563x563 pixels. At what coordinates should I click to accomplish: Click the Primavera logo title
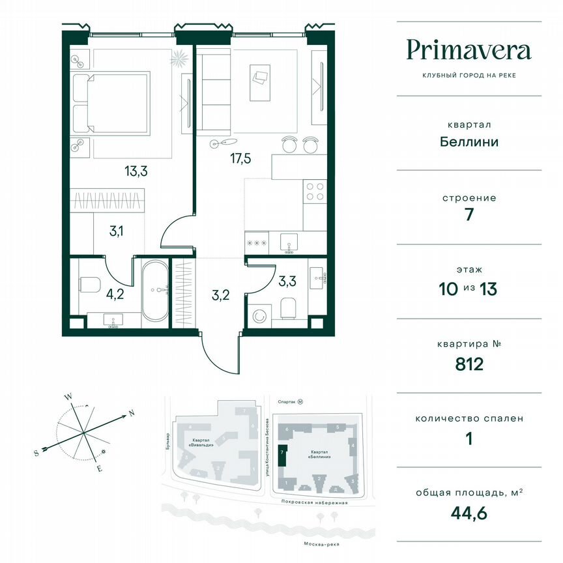point(469,50)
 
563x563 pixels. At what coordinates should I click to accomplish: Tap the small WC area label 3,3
point(287,281)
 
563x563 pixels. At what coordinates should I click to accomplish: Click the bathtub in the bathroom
point(155,291)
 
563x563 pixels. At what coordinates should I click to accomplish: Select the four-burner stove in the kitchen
point(315,191)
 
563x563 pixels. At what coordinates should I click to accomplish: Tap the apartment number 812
point(469,363)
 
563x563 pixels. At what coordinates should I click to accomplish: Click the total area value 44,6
point(469,513)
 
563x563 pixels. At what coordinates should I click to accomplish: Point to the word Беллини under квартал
point(469,141)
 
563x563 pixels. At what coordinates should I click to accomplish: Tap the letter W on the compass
point(68,396)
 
